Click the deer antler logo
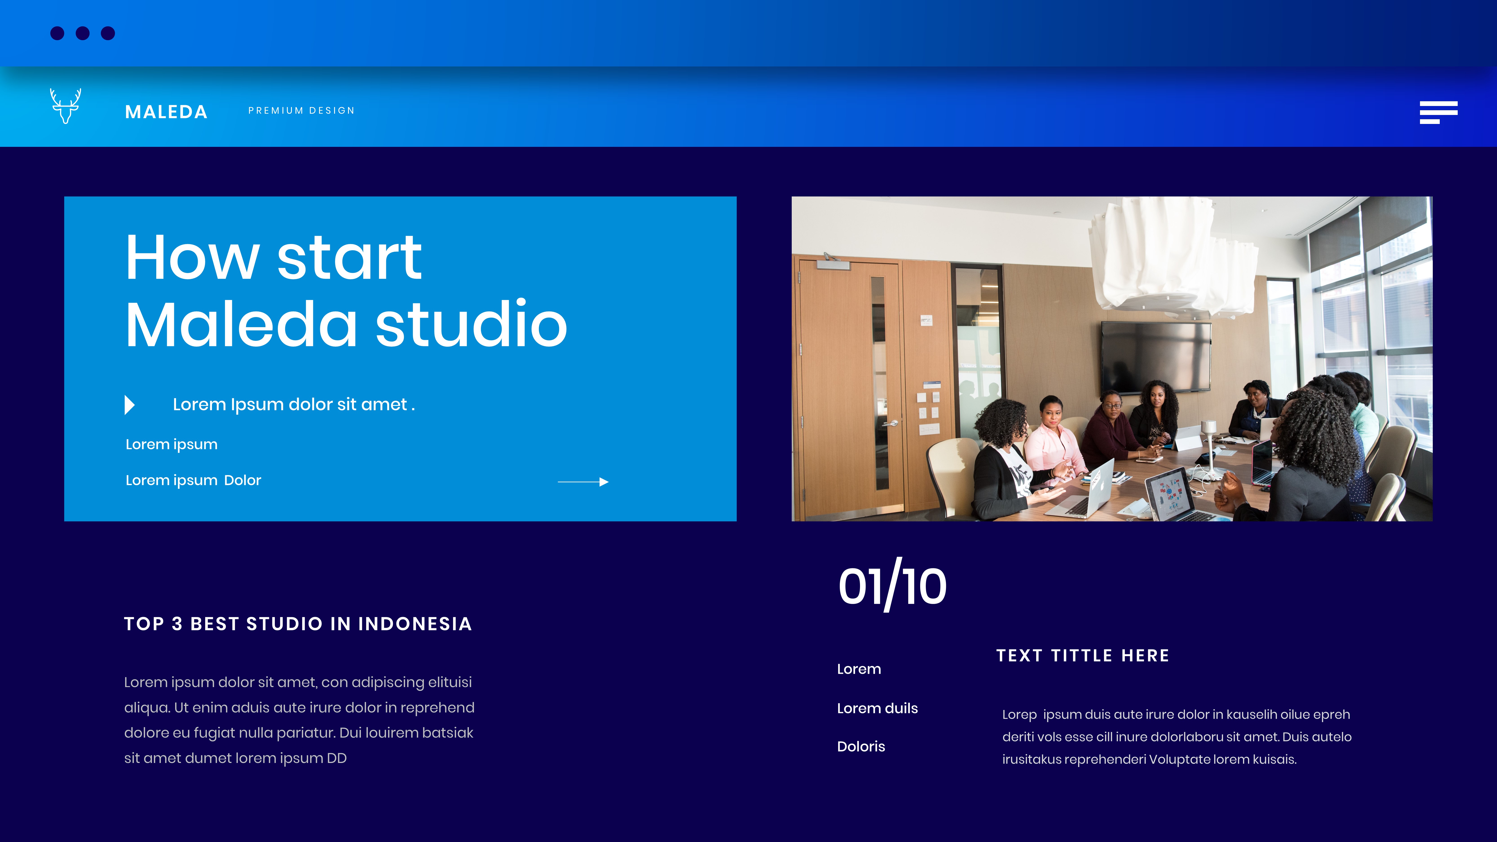coord(65,106)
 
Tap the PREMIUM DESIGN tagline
coord(301,110)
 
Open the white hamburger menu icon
coord(1438,112)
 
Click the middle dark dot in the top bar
coord(83,33)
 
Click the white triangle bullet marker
coord(130,404)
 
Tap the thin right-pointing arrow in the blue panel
coord(583,482)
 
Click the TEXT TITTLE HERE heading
coord(1083,656)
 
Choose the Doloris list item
coord(861,747)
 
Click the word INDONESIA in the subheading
coord(415,624)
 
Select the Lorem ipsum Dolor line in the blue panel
coord(193,481)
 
